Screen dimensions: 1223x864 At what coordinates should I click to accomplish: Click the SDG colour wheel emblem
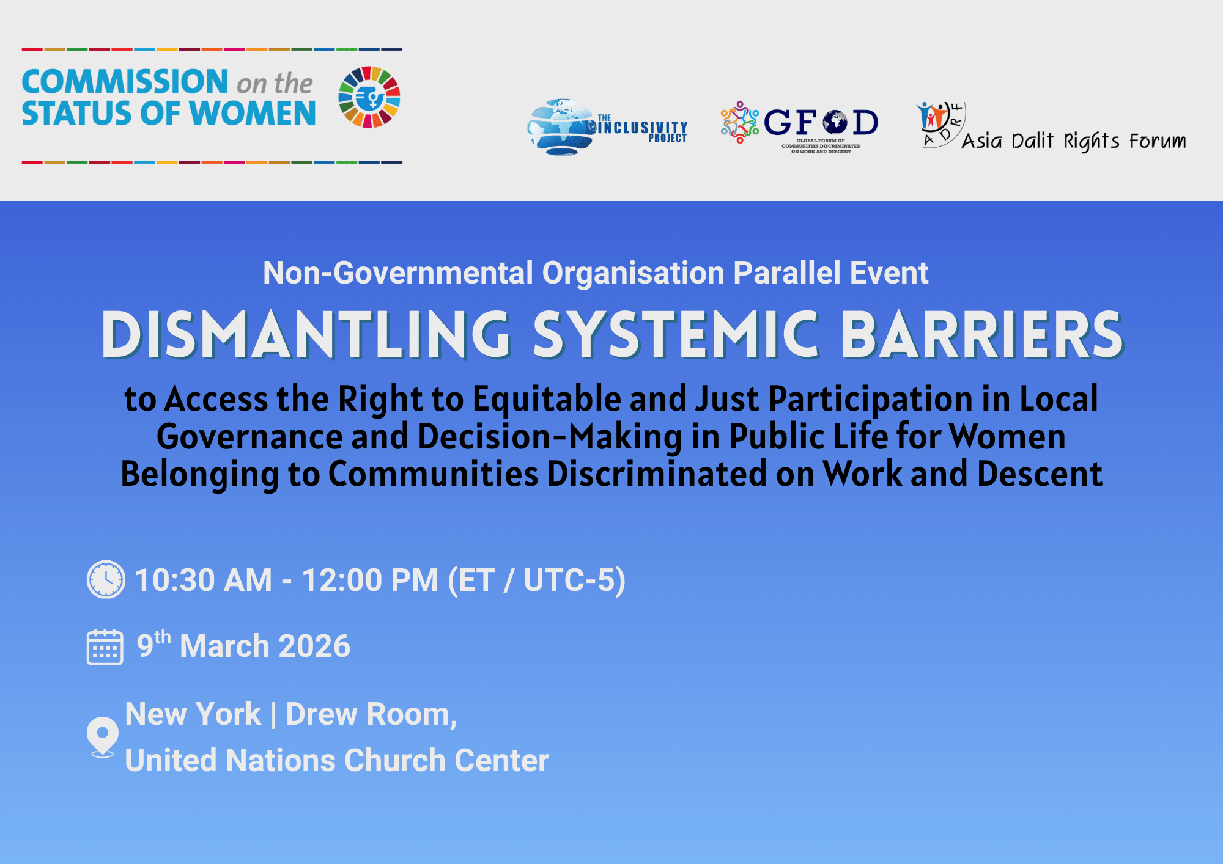coord(369,97)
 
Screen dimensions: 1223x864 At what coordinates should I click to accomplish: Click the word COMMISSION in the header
coord(125,82)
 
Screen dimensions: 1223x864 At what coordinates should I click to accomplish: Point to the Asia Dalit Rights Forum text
coord(1074,141)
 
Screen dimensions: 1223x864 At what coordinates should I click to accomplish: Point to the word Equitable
coord(547,400)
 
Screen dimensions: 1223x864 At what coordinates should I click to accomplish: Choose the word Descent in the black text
coord(1040,474)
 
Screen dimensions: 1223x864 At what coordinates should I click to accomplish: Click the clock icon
coord(106,579)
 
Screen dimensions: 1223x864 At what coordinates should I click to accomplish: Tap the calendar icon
coord(105,647)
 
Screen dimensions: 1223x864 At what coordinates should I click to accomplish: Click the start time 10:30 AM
coord(204,580)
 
